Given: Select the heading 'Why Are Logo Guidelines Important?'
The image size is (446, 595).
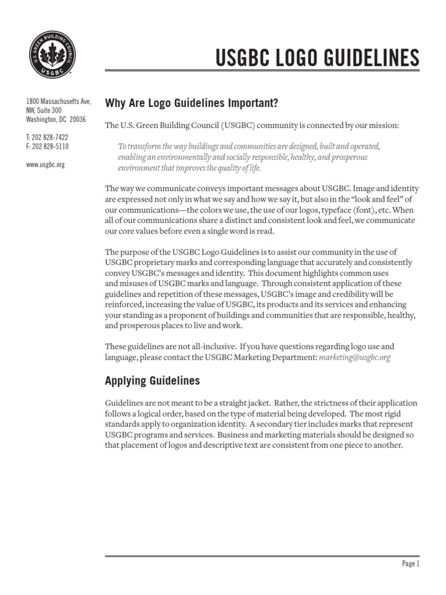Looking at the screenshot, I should click(184, 103).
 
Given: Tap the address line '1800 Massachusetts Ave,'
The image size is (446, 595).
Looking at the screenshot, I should click(58, 101).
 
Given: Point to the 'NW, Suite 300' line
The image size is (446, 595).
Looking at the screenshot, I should click(44, 110).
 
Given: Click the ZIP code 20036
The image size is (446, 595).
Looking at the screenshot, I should click(77, 120).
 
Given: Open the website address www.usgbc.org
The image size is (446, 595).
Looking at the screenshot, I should click(45, 164).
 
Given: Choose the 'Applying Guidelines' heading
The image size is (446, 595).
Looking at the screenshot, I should click(152, 381).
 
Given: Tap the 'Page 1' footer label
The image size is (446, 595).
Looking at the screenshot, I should click(410, 564).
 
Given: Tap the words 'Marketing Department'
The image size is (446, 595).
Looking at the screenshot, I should click(276, 357).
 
